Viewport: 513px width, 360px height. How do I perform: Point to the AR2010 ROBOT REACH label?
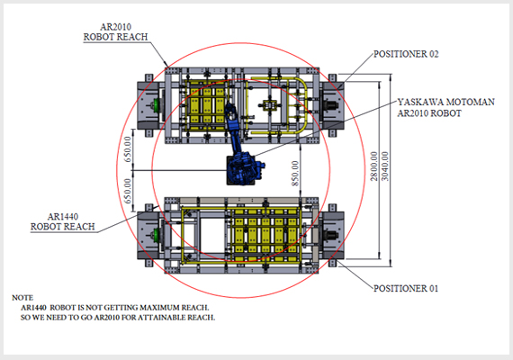pos(114,33)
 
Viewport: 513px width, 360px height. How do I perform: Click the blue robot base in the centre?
pos(246,168)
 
